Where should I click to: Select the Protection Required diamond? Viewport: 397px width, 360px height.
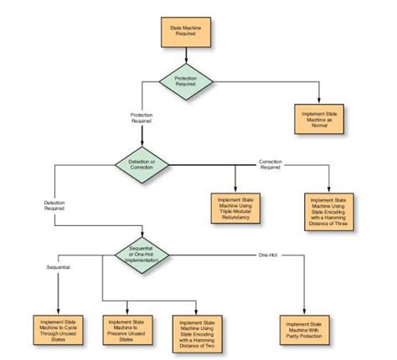(x=186, y=80)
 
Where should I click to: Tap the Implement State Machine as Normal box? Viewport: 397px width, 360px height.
(x=318, y=121)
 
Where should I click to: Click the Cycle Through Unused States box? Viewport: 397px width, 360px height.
(x=59, y=328)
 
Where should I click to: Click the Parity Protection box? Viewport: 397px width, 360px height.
(x=302, y=328)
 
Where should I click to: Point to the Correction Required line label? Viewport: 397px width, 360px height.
(x=270, y=164)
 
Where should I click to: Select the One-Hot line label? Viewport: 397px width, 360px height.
(x=267, y=253)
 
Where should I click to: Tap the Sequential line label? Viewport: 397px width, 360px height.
(x=57, y=267)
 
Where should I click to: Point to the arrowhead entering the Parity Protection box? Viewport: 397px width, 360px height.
(x=302, y=311)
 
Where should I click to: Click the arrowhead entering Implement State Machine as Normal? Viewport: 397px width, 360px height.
(x=318, y=101)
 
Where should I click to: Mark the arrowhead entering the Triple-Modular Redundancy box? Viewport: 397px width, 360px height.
(x=235, y=188)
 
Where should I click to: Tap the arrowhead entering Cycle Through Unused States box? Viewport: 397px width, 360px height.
(x=59, y=311)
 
